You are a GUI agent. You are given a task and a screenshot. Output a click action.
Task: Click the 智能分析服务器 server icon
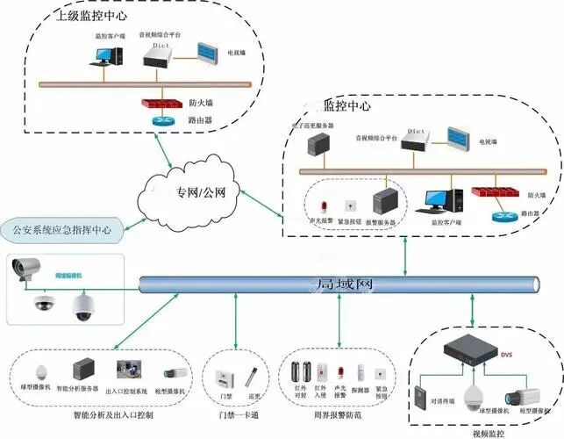pyautogui.click(x=83, y=370)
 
